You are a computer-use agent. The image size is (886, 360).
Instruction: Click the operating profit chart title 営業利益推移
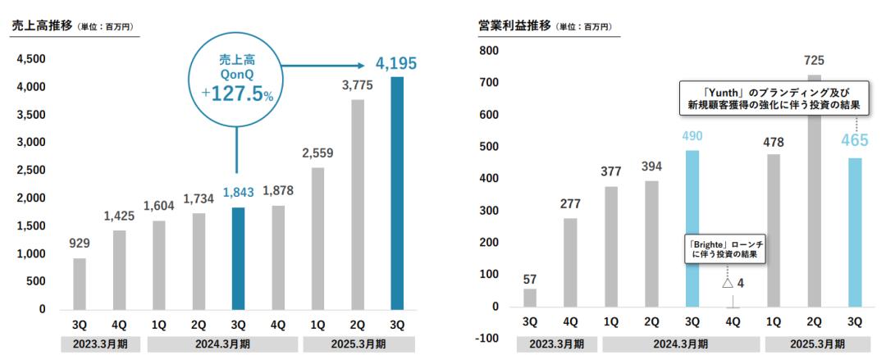[x=514, y=26]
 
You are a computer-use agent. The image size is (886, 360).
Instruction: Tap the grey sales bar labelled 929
[x=79, y=284]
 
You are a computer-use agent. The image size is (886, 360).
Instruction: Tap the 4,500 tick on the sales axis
[x=32, y=59]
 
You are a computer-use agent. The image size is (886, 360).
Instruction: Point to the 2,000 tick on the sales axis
[x=32, y=198]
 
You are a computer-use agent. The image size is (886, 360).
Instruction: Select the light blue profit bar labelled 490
[x=693, y=229]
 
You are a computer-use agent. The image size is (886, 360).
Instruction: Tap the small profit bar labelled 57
[x=530, y=298]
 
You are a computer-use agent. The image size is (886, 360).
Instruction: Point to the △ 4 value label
[x=733, y=284]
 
